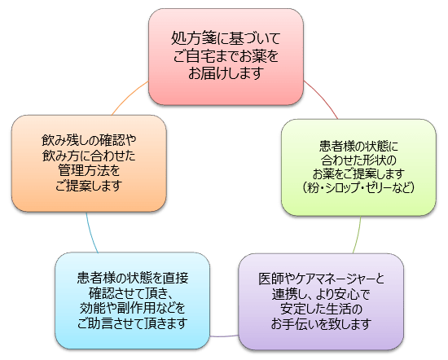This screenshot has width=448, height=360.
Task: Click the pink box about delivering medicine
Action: tap(226, 56)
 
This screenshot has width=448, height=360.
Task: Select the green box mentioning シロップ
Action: tap(358, 167)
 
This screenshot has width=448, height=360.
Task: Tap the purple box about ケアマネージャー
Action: tap(321, 301)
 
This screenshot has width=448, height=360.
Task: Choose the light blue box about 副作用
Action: tap(132, 301)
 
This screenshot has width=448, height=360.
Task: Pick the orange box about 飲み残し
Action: tap(89, 164)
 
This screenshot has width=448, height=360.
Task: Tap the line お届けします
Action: tap(226, 73)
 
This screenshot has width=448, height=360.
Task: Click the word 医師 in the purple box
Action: tap(271, 279)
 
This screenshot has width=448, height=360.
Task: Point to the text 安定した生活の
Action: tap(321, 310)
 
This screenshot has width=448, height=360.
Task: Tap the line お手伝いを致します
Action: tap(321, 324)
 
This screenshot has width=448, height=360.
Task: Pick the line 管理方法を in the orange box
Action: tap(89, 171)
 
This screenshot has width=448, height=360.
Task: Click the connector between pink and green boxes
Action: tap(323, 97)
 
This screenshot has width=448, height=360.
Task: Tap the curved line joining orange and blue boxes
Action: tap(91, 233)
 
